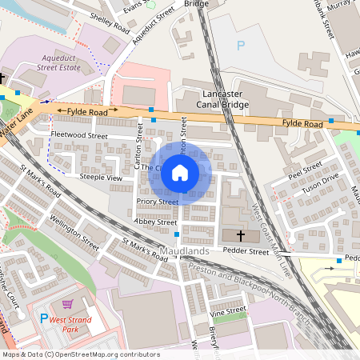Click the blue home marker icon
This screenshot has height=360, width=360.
[x=180, y=172]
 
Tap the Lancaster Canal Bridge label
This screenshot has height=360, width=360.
[x=222, y=99]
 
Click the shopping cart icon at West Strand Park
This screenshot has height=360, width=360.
[x=68, y=304]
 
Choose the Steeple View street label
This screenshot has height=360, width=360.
[x=101, y=177]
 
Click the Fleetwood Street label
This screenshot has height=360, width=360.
[x=78, y=136]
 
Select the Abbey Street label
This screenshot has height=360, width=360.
[x=155, y=222]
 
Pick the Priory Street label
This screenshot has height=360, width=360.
[x=157, y=202]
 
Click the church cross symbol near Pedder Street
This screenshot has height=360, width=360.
[x=240, y=235]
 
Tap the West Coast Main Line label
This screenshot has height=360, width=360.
[x=270, y=225]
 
